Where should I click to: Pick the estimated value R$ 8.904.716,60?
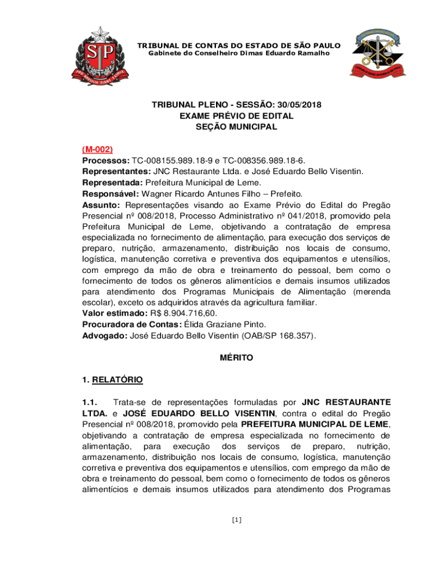(182, 313)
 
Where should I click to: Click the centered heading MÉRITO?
(236, 358)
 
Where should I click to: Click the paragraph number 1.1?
(91, 402)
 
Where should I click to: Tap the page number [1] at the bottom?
(236, 520)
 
